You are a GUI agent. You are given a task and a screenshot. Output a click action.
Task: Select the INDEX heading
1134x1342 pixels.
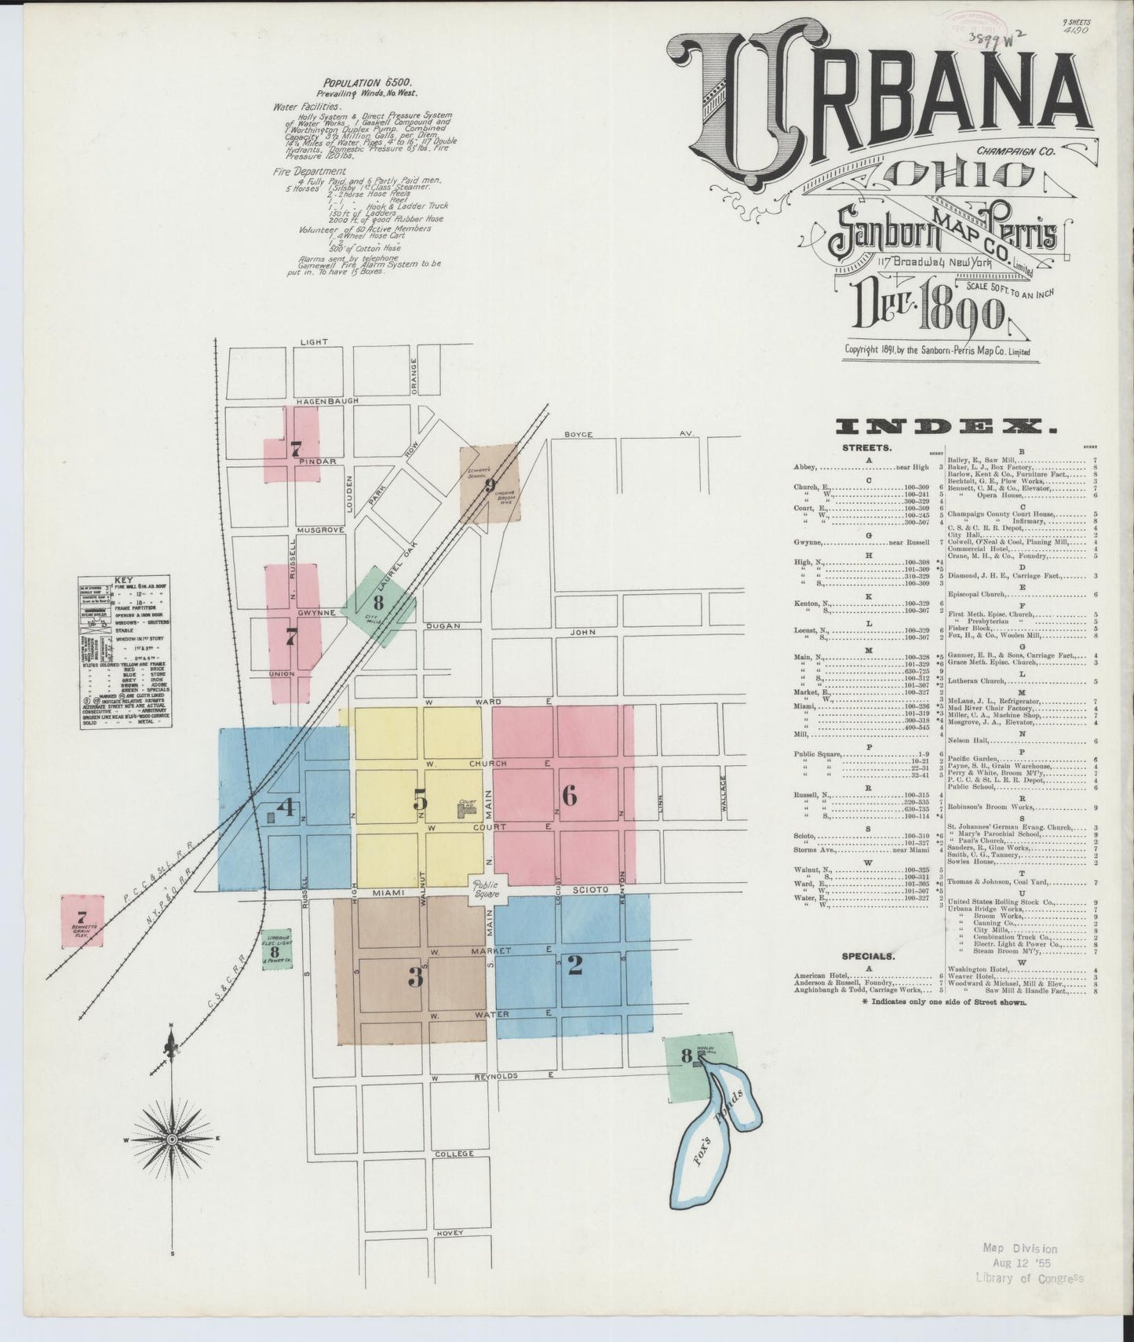pos(946,427)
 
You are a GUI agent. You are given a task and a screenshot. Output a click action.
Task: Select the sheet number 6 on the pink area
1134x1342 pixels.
pos(570,796)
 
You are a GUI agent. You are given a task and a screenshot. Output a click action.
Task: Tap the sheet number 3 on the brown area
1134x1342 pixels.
pos(416,977)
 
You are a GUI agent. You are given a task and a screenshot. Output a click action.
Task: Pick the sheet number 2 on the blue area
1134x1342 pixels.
pos(574,965)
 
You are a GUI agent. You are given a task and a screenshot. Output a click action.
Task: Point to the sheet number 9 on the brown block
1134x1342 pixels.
pos(490,485)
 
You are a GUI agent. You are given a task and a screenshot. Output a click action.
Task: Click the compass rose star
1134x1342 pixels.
pos(171,1138)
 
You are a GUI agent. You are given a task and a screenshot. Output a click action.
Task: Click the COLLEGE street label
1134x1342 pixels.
pos(454,1154)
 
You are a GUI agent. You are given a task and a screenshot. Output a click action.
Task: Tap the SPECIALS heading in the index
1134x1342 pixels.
pos(867,957)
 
